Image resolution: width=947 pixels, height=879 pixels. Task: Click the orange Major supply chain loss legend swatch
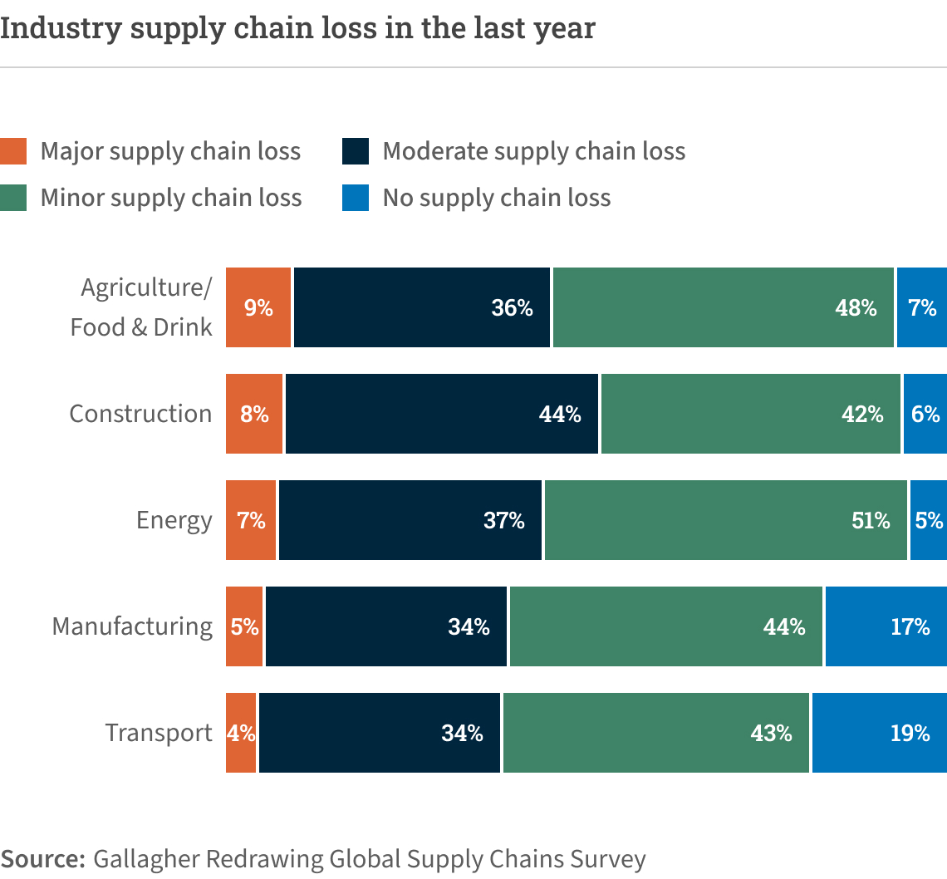tap(13, 151)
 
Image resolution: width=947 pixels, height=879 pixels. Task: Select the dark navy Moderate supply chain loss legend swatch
tap(355, 151)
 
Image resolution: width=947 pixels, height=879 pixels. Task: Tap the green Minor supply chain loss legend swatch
tap(13, 198)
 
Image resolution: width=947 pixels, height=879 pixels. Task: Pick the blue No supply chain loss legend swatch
tap(355, 198)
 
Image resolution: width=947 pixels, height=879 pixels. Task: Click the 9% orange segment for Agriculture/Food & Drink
tap(258, 307)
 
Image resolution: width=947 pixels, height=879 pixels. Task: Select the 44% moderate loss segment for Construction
tap(442, 414)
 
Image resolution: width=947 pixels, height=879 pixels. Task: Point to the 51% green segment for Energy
tap(725, 520)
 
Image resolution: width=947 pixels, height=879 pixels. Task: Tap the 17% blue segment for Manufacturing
tap(886, 626)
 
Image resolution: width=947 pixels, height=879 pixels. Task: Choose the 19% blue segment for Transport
tap(879, 733)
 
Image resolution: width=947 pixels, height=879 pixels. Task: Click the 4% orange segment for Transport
tap(241, 733)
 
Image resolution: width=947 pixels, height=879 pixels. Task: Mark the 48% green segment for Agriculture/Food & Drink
tap(724, 307)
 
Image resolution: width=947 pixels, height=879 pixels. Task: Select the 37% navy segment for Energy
tap(410, 520)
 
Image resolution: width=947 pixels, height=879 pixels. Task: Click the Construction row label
tap(140, 414)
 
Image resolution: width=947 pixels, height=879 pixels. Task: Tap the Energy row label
tap(174, 521)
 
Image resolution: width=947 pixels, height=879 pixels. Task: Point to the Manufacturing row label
tap(132, 626)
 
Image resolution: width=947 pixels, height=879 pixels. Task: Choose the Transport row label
tap(159, 734)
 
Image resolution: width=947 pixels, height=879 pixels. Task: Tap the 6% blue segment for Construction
tap(925, 414)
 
